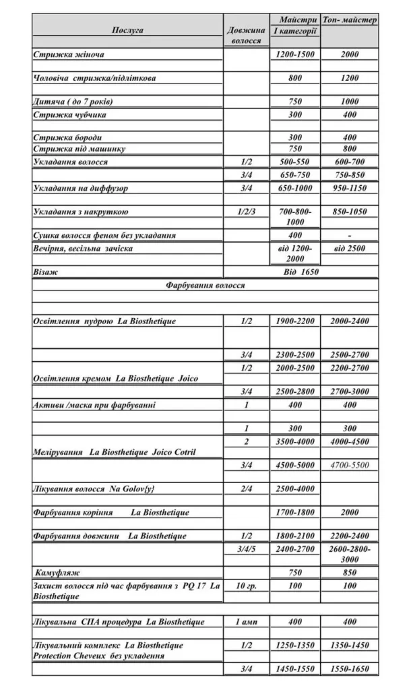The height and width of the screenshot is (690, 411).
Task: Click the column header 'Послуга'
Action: pos(127,30)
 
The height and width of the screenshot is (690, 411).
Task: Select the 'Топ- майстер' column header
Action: pos(350,20)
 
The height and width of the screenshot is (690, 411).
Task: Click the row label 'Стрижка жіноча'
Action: pos(69,55)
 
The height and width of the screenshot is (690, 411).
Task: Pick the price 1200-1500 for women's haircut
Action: pos(295,55)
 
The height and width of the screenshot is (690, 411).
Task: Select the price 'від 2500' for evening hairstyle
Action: pos(350,249)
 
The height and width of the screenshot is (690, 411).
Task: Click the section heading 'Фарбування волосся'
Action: pos(205,285)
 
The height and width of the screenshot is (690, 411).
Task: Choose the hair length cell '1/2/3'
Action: pos(247,212)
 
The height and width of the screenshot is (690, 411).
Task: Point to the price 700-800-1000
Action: pos(295,216)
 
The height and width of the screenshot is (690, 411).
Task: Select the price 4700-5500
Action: pos(350,465)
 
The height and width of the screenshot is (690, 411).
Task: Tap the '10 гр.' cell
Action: pos(247,586)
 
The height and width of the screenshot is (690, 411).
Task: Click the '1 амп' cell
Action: pos(247,621)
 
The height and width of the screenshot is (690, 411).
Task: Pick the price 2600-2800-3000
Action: pos(350,554)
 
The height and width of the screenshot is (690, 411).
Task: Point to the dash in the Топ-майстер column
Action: pos(350,236)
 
